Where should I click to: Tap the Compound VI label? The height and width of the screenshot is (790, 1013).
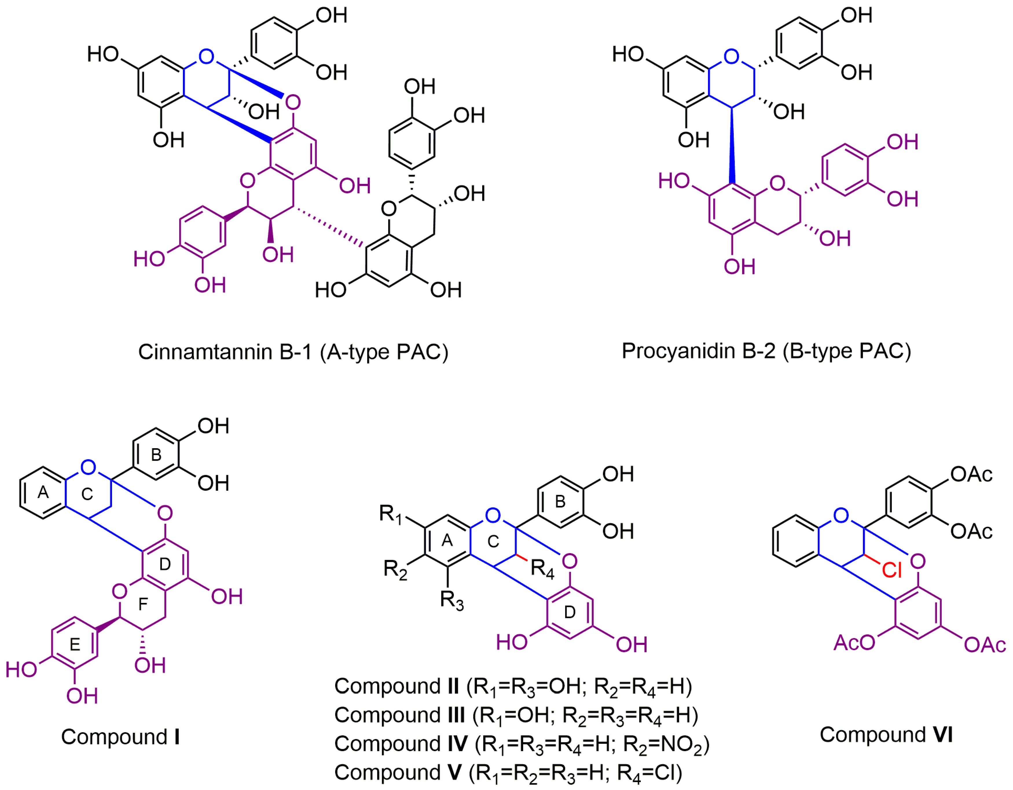(886, 734)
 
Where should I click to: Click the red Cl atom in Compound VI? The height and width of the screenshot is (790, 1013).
(891, 569)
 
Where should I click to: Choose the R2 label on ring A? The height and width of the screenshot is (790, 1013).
(395, 569)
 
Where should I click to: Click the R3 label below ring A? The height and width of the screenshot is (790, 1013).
(451, 601)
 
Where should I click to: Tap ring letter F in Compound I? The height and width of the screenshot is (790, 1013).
(143, 604)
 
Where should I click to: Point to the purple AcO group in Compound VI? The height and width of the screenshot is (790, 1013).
(854, 643)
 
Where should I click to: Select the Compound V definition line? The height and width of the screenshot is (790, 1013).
(508, 772)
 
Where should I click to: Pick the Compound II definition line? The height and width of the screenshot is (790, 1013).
(513, 686)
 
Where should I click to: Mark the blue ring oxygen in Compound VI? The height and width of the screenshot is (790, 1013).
(841, 515)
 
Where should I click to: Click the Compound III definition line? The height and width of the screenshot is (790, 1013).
(516, 715)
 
